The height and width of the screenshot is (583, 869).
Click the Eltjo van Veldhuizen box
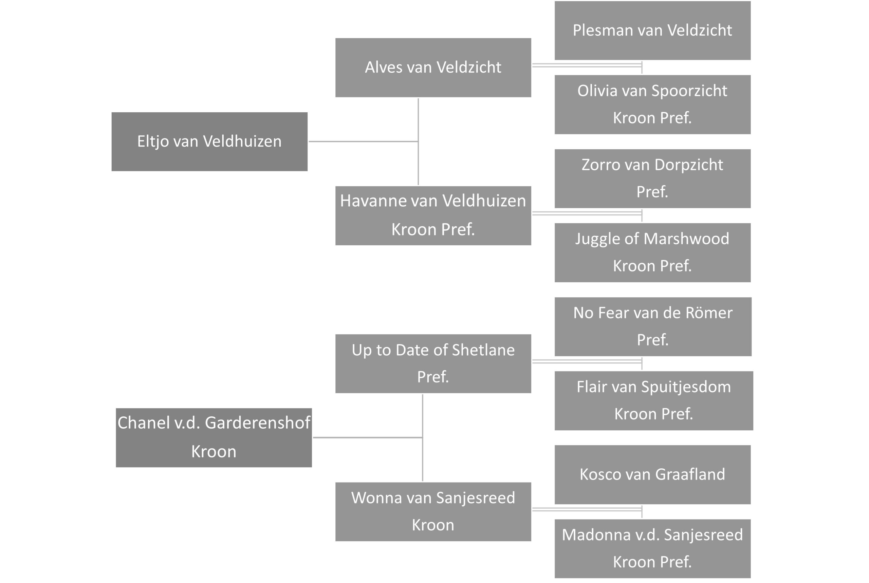[x=209, y=142]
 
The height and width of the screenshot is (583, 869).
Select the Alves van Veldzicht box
[x=433, y=68]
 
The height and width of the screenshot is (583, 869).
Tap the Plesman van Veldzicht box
[x=652, y=31]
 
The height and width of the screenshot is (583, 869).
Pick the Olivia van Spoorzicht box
[x=652, y=105]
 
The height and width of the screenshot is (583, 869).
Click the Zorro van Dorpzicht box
[x=652, y=178]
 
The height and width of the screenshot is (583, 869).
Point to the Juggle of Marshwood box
[x=652, y=252]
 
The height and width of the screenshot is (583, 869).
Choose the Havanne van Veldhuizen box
[x=433, y=215]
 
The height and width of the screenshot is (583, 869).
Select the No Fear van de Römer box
[x=653, y=326]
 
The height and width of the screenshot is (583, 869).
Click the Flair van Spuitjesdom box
[x=654, y=400]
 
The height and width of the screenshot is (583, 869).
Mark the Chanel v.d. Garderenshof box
[x=214, y=438]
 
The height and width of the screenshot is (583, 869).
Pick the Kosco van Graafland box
[x=652, y=474]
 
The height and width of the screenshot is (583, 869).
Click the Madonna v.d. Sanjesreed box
[x=652, y=548]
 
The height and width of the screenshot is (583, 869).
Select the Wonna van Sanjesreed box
[x=433, y=512]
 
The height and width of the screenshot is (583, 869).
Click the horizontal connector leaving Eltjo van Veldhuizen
[x=363, y=141]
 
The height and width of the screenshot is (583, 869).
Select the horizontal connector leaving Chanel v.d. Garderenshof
[x=368, y=438]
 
